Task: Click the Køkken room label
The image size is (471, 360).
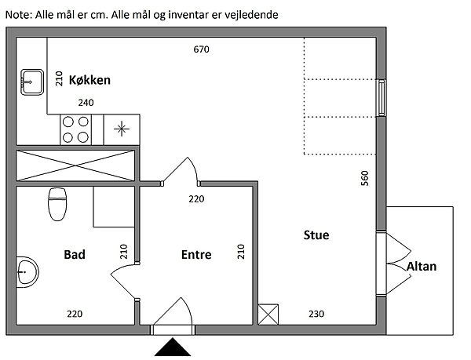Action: [89, 80]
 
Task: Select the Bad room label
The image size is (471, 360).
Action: [75, 254]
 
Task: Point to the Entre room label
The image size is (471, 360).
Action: [196, 254]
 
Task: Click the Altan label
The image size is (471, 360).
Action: [422, 267]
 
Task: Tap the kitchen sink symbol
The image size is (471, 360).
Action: [31, 79]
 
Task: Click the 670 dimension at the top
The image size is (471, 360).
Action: [201, 49]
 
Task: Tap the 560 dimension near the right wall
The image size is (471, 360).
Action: [364, 179]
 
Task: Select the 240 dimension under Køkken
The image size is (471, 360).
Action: [85, 102]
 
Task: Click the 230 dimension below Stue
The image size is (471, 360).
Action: [316, 315]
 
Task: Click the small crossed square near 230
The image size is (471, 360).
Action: [268, 315]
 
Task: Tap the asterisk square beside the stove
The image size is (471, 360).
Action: [122, 129]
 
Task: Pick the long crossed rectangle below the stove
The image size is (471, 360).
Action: [75, 165]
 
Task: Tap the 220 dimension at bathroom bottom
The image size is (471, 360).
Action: [74, 315]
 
